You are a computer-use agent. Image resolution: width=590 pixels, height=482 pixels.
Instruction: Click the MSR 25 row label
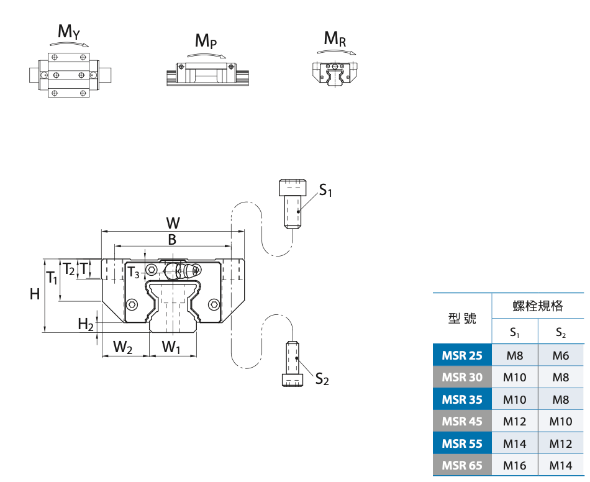(462, 355)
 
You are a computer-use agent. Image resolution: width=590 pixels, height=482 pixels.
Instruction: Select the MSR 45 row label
(462, 421)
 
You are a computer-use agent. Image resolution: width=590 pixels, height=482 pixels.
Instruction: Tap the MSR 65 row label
(462, 465)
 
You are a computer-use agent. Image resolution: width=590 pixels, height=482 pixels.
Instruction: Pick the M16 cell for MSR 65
(515, 465)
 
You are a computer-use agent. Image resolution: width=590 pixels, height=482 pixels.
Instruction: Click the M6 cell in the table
(561, 355)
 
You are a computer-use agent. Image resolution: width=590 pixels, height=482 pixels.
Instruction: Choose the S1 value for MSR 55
(515, 443)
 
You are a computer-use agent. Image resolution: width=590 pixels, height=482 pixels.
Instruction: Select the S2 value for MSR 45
(561, 421)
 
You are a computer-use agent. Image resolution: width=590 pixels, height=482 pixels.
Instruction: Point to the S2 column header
(561, 332)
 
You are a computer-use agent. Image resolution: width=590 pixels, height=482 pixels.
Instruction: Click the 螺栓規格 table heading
(538, 306)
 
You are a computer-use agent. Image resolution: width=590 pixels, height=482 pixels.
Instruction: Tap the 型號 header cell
(462, 318)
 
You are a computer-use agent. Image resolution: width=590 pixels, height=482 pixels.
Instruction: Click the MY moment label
(68, 32)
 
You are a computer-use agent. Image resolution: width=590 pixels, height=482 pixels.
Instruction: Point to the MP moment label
(206, 41)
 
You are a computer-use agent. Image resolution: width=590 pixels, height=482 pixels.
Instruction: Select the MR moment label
(335, 39)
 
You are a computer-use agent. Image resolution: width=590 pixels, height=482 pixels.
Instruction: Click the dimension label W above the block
(173, 223)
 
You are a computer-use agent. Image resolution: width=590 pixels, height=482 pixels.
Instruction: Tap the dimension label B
(173, 240)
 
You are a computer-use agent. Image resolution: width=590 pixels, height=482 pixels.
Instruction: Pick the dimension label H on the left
(35, 294)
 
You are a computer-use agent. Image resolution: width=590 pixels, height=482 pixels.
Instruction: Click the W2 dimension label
(123, 347)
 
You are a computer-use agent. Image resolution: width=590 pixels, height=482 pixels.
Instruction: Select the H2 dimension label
(86, 324)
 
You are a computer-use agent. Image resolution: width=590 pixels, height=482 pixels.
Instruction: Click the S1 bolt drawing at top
(293, 204)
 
